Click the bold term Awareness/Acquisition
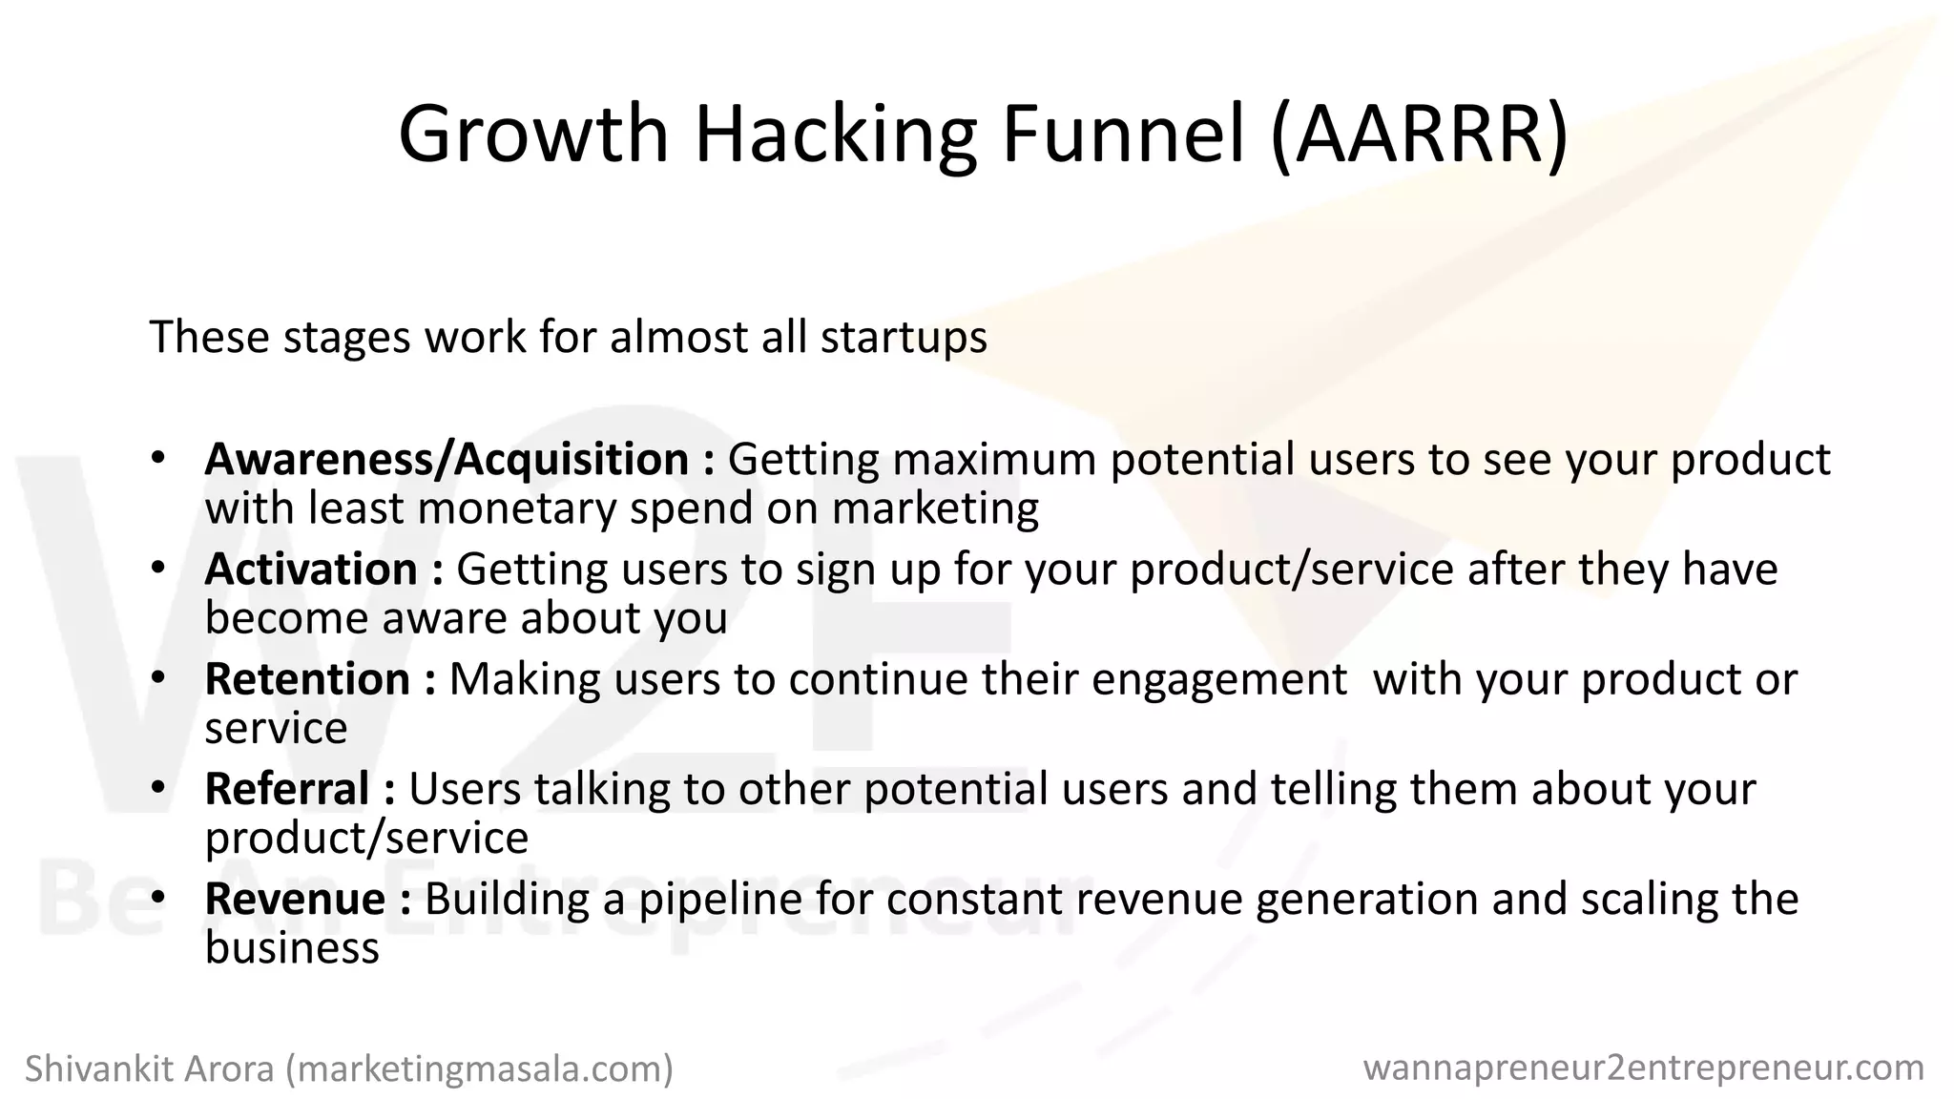click(447, 460)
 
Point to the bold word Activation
click(311, 570)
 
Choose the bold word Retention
click(307, 679)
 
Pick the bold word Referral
click(286, 789)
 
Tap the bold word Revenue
click(295, 899)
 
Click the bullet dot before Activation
click(158, 568)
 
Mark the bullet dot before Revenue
click(158, 898)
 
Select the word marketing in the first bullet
click(935, 508)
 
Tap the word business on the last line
click(292, 948)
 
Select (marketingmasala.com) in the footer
click(480, 1068)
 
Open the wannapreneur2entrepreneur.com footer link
click(1643, 1068)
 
